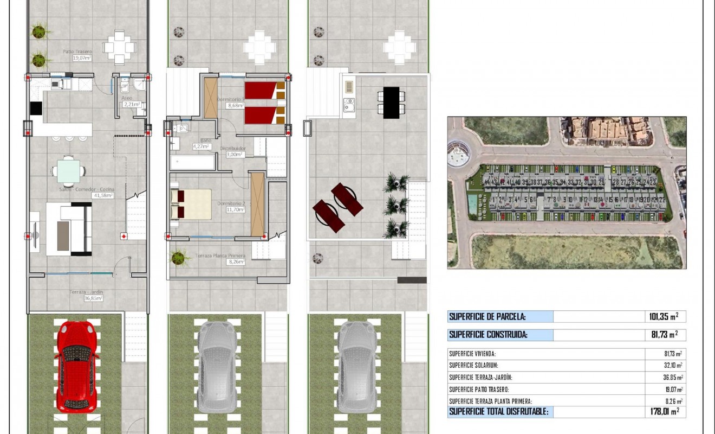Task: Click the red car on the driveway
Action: (77, 366)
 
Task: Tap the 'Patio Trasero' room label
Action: (77, 52)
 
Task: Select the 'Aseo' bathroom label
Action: (127, 98)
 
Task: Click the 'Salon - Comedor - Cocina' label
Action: (87, 189)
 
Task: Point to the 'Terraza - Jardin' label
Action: (86, 292)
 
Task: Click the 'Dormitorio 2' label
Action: (231, 203)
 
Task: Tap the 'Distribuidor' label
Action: (235, 148)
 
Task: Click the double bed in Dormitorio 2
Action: (191, 204)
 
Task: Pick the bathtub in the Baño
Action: (192, 163)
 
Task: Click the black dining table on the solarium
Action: (391, 103)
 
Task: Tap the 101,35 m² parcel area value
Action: (664, 317)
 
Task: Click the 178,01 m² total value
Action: (664, 412)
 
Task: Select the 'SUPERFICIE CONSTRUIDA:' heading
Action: (488, 335)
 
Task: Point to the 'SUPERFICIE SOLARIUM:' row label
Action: (473, 366)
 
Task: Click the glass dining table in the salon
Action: (68, 170)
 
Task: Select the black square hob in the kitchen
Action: (36, 108)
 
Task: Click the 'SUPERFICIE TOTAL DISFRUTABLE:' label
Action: (498, 412)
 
